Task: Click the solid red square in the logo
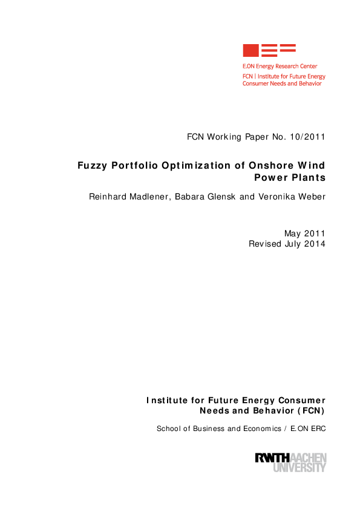click(250, 51)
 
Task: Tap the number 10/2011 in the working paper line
click(307, 137)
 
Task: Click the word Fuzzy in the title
click(92, 166)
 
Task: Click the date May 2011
click(305, 233)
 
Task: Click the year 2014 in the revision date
click(315, 244)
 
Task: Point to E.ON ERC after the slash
click(308, 429)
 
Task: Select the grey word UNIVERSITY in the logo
click(299, 467)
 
